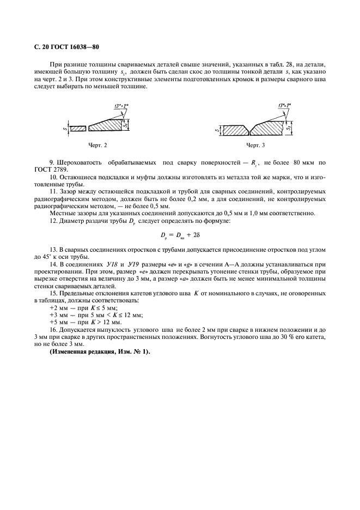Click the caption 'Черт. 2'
[98, 145]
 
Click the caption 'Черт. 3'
[255, 145]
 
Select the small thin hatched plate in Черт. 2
[78, 128]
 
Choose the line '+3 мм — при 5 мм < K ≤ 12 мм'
[95, 315]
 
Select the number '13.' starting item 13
[53, 248]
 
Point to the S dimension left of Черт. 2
[64, 128]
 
